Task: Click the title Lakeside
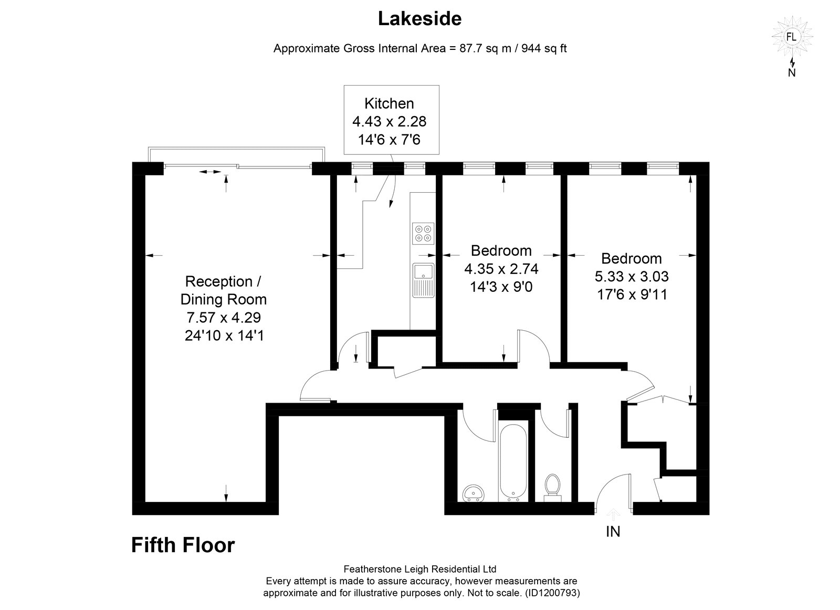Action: pyautogui.click(x=419, y=19)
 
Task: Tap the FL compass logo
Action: pyautogui.click(x=791, y=37)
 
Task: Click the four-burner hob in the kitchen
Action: pyautogui.click(x=423, y=233)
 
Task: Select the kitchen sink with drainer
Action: pyautogui.click(x=423, y=280)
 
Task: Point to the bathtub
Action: pyautogui.click(x=513, y=462)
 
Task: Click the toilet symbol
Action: pyautogui.click(x=552, y=488)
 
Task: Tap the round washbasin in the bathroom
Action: pyautogui.click(x=474, y=492)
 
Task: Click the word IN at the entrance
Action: pyautogui.click(x=613, y=531)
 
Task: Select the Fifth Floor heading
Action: pyautogui.click(x=183, y=545)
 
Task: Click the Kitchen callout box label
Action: pyautogui.click(x=389, y=103)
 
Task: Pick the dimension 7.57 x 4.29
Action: pyautogui.click(x=224, y=317)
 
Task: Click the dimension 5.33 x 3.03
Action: pyautogui.click(x=632, y=276)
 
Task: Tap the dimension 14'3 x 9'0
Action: pyautogui.click(x=501, y=287)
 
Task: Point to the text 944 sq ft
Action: pyautogui.click(x=544, y=48)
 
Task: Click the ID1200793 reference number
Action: pyautogui.click(x=551, y=593)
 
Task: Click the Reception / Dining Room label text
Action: pyautogui.click(x=224, y=290)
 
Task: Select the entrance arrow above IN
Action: pyautogui.click(x=613, y=514)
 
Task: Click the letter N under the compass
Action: pyautogui.click(x=792, y=73)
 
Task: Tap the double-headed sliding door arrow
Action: pyautogui.click(x=210, y=172)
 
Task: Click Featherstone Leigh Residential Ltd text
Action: pyautogui.click(x=420, y=569)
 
